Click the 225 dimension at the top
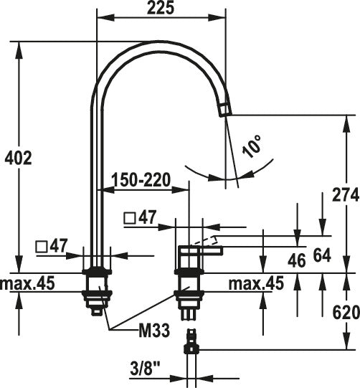coord(161,8)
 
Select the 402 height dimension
coord(19,158)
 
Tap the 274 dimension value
coord(346,194)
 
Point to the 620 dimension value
coord(346,313)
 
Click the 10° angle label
coord(252,146)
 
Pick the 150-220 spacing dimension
coord(141,180)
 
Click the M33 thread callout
coord(154,331)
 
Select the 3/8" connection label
coord(145,369)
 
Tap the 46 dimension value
coord(297,261)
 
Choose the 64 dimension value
coord(322,255)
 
